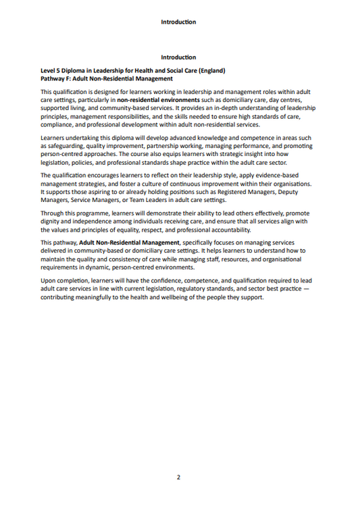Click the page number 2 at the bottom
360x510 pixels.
(178, 478)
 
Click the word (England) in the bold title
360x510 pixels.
(209, 71)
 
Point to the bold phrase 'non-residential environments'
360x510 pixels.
(157, 99)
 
